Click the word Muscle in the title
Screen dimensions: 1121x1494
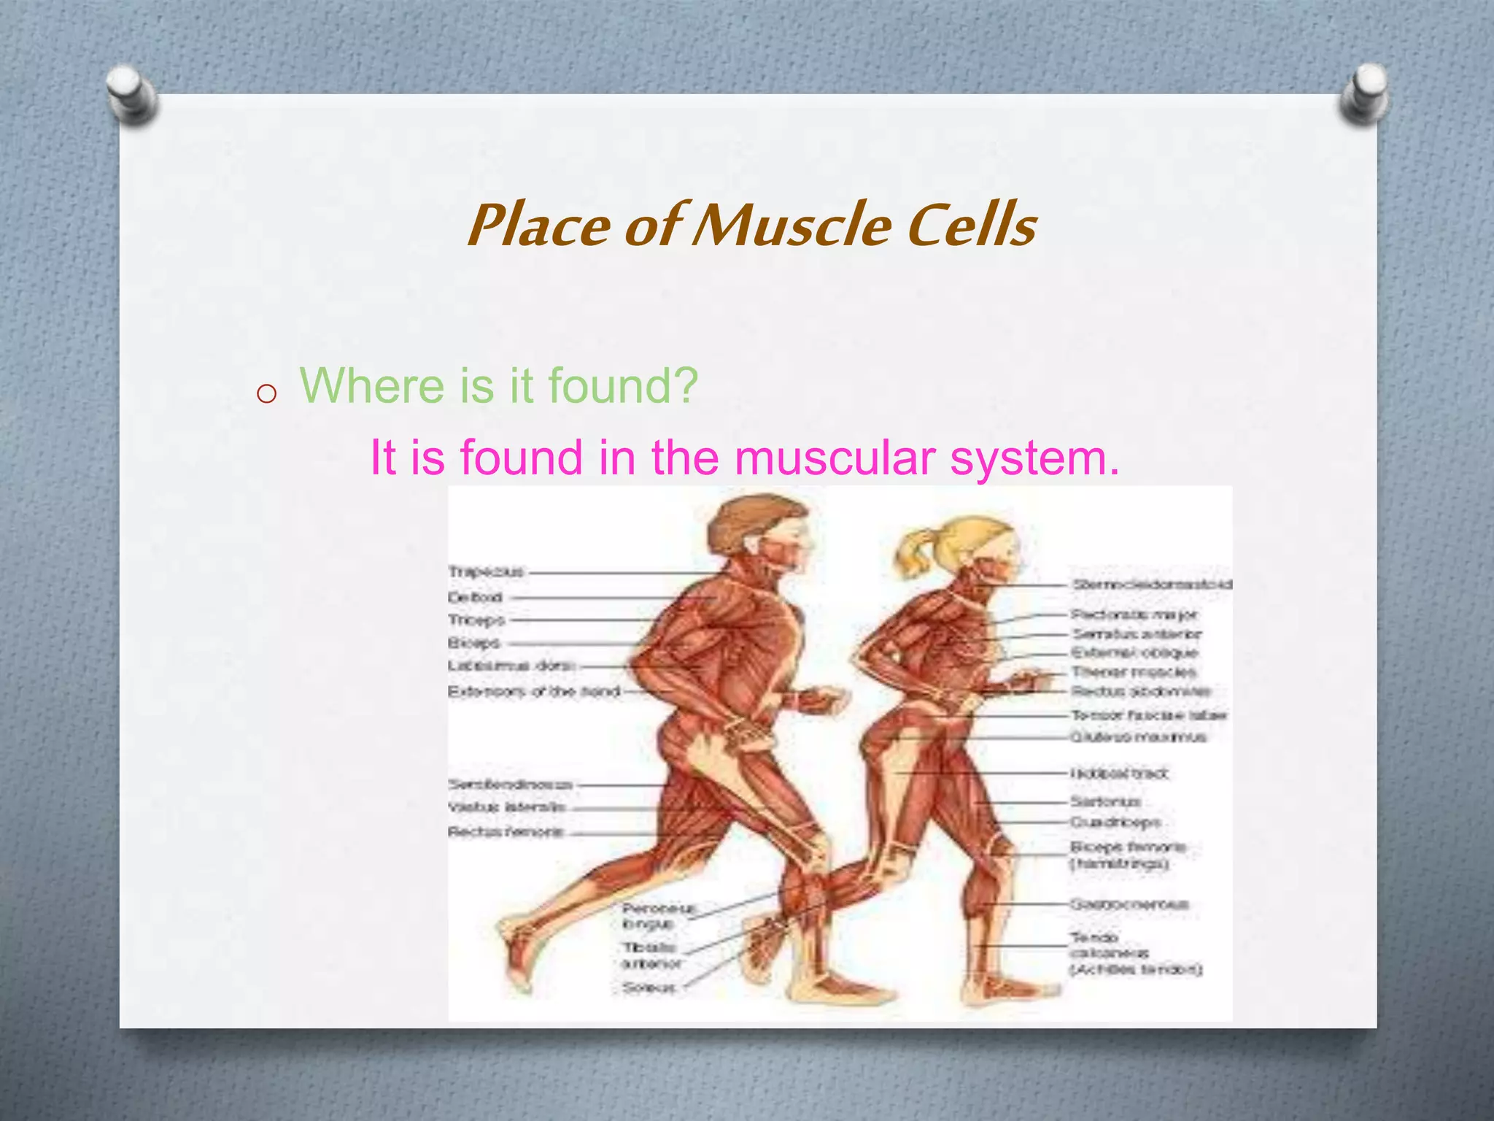[791, 225]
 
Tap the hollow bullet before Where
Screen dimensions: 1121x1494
[267, 394]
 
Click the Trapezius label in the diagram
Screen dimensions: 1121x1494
[486, 571]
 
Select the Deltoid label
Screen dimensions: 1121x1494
[475, 597]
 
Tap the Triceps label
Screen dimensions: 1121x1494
[476, 620]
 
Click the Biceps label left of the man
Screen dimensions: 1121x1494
[473, 643]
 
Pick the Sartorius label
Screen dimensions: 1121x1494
[1104, 801]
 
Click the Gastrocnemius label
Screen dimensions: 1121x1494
[1129, 904]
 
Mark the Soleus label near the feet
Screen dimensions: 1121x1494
[649, 987]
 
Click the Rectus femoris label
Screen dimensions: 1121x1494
[506, 831]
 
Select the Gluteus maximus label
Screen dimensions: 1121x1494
[1137, 737]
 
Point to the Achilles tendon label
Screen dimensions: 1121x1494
[1135, 969]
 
